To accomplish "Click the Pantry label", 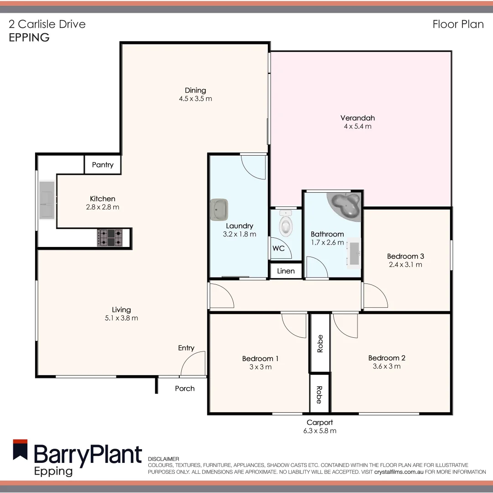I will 103,165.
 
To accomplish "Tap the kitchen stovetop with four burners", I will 110,238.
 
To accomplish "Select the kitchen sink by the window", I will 47,200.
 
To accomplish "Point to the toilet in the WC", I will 286,223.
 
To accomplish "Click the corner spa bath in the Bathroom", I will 346,207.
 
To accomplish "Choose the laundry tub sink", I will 220,209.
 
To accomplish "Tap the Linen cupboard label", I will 286,271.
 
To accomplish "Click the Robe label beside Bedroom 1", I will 320,343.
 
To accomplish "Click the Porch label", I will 185,388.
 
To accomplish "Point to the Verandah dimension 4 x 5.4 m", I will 357,126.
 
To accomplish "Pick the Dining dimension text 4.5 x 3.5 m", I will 195,99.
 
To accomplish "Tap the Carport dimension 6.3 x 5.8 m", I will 320,431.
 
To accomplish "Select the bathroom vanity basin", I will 354,253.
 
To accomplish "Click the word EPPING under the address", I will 29,38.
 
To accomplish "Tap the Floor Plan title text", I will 458,24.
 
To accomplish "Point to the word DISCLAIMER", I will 163,459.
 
